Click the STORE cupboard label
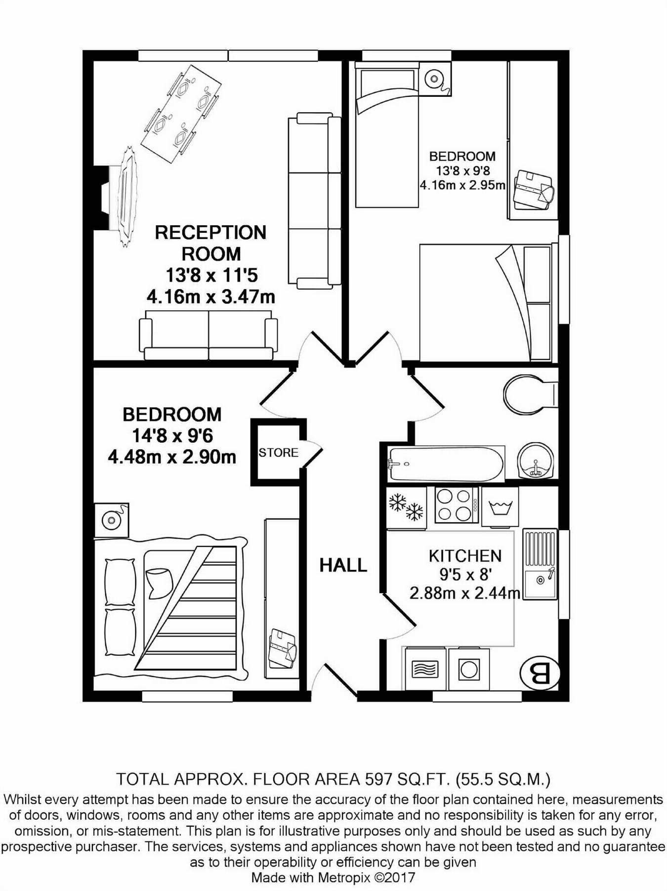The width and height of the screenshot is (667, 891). (278, 453)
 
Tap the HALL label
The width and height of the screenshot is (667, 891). (343, 565)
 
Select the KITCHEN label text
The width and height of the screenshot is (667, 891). (465, 556)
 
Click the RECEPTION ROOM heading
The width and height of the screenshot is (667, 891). (211, 243)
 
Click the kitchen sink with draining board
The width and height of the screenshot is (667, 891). (540, 565)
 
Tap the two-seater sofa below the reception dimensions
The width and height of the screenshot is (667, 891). (208, 335)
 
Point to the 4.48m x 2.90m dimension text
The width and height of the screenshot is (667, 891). (172, 457)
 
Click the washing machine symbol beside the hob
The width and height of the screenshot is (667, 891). (500, 507)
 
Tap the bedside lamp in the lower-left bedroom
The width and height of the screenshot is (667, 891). (112, 520)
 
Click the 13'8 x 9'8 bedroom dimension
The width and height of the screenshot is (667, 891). (462, 171)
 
